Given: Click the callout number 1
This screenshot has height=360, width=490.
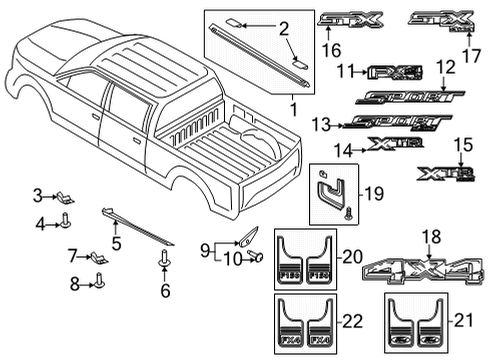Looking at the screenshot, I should point(293,107).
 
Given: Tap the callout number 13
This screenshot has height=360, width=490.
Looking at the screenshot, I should point(320,124).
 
